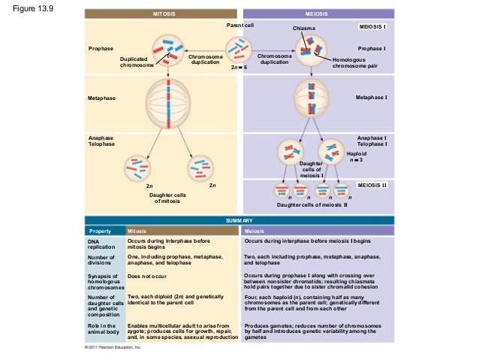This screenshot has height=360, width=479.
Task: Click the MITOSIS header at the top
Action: [163, 14]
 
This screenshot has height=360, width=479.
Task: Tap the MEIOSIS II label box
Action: [372, 183]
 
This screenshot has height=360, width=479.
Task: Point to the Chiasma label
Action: [304, 28]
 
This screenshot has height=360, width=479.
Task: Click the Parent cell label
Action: [240, 25]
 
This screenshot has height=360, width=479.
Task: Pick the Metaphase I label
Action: [371, 98]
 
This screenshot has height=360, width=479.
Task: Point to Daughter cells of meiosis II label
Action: [312, 204]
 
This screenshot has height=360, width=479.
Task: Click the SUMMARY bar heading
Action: [239, 219]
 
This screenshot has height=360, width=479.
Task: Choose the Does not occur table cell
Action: [145, 277]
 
